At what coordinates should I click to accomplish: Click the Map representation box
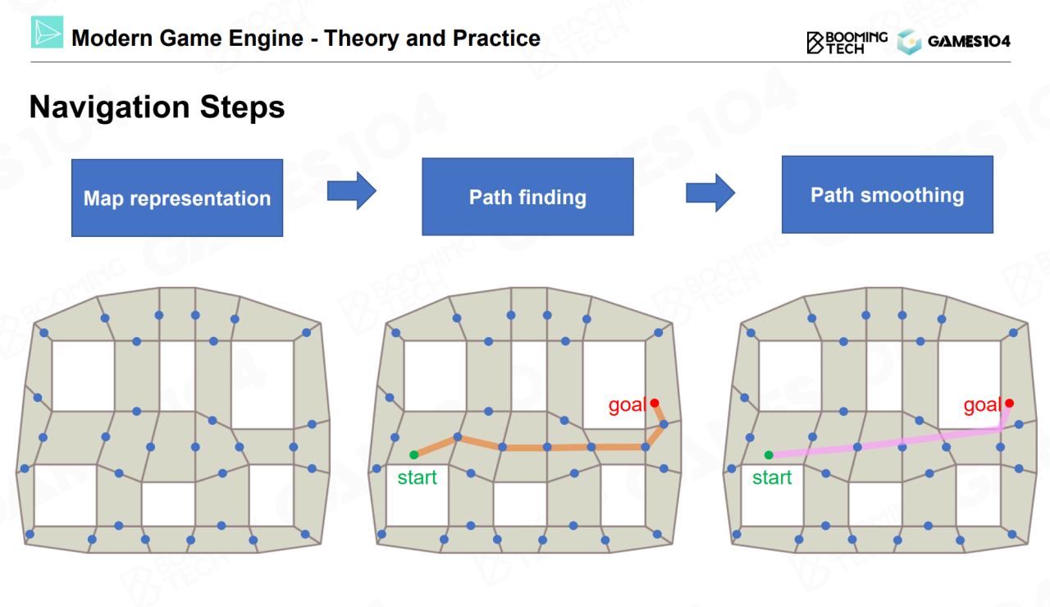coord(177,198)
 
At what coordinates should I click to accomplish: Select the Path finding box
coord(527,197)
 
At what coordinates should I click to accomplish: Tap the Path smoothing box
coord(887,194)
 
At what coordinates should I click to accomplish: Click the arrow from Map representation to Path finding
coord(351,191)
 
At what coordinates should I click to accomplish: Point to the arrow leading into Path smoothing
coord(710,193)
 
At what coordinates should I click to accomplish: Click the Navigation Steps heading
coord(157,107)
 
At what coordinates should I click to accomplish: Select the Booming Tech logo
coord(847,42)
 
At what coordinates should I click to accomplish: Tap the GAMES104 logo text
coord(969,41)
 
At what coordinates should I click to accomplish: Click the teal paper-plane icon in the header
coord(47,33)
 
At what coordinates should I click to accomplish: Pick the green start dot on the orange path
coord(414,454)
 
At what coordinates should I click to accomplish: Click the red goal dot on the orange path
coord(655,403)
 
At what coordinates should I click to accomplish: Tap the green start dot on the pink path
coord(769,454)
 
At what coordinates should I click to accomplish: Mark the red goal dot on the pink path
coord(1009,403)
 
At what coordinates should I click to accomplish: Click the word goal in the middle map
coord(627,405)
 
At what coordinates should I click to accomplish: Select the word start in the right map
coord(772,477)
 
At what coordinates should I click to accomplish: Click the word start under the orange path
coord(418,477)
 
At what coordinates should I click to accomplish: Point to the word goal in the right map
coord(982,405)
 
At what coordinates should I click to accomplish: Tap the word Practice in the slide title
coord(496,38)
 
